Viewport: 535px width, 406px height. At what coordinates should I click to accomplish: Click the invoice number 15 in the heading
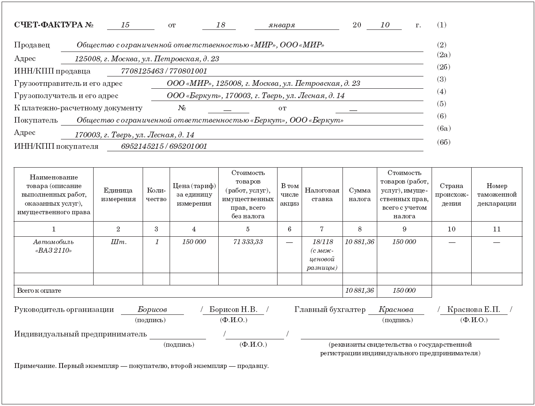(x=125, y=25)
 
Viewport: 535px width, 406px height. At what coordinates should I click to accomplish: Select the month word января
(x=282, y=25)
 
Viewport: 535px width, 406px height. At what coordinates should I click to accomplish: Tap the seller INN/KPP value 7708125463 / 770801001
(x=164, y=71)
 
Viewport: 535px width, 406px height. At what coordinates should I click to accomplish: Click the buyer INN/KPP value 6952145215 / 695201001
(x=164, y=146)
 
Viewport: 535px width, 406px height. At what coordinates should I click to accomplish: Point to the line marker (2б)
(x=443, y=67)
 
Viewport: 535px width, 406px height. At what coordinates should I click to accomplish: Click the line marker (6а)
(x=443, y=128)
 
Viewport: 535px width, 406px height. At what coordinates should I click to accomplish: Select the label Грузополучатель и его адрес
(x=66, y=96)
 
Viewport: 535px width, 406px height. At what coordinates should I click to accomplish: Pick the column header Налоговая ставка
(x=322, y=195)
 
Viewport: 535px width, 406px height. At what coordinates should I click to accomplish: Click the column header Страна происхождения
(x=451, y=195)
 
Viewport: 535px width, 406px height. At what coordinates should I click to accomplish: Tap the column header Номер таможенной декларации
(x=497, y=195)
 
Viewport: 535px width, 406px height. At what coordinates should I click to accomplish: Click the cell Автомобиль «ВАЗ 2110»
(x=54, y=246)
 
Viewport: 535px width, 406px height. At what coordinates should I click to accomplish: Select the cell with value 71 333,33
(x=248, y=242)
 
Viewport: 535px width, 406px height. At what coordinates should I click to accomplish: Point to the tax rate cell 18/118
(x=322, y=242)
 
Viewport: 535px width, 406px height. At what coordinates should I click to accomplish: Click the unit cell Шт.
(x=118, y=242)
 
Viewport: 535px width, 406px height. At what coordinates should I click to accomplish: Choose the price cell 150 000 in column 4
(x=194, y=242)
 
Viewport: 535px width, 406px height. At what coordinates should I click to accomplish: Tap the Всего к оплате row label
(x=39, y=291)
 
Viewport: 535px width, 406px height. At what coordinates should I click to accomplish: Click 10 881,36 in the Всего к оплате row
(x=359, y=291)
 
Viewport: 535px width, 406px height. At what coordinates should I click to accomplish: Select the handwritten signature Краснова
(x=396, y=310)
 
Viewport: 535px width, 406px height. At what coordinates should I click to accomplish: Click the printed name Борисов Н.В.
(x=233, y=310)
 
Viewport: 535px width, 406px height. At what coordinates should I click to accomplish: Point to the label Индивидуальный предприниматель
(x=80, y=334)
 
